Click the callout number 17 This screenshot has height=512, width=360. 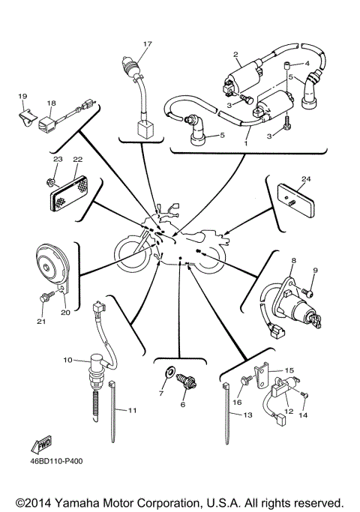click(147, 44)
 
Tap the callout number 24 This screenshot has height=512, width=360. click(305, 179)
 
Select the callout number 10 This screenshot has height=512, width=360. click(67, 361)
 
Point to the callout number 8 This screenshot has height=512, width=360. click(294, 261)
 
